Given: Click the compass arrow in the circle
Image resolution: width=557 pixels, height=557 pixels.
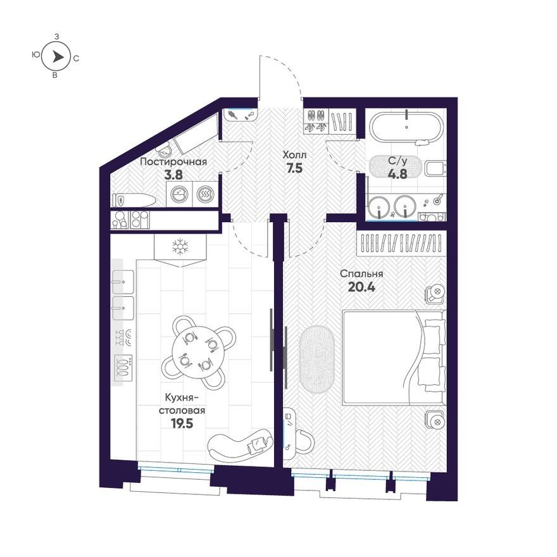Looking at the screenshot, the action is pyautogui.click(x=58, y=57).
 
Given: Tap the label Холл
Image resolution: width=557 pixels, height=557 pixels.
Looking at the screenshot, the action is pyautogui.click(x=294, y=155).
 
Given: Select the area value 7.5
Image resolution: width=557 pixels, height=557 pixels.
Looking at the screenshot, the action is pyautogui.click(x=294, y=168).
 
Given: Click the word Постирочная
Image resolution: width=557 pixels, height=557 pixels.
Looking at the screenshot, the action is pyautogui.click(x=173, y=162).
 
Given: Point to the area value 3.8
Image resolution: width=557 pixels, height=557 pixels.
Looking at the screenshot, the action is pyautogui.click(x=173, y=175).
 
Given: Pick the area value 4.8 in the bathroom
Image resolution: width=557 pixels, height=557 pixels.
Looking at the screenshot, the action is pyautogui.click(x=397, y=173).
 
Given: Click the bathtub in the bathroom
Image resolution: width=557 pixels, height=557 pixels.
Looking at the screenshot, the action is pyautogui.click(x=406, y=127).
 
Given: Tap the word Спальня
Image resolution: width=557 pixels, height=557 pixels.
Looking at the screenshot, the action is pyautogui.click(x=361, y=274).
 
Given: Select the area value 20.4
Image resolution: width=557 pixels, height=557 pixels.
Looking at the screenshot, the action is pyautogui.click(x=361, y=287).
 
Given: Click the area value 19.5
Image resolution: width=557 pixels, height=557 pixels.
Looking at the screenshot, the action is pyautogui.click(x=182, y=423).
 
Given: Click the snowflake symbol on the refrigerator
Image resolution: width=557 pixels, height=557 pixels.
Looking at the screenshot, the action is pyautogui.click(x=180, y=246).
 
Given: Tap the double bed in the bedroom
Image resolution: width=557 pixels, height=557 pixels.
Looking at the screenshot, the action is pyautogui.click(x=394, y=358).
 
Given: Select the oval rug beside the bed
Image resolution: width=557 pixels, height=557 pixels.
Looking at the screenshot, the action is pyautogui.click(x=317, y=360).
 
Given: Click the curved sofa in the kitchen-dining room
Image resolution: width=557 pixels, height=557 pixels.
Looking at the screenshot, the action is pyautogui.click(x=240, y=443).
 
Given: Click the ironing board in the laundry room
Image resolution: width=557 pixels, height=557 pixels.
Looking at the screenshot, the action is pyautogui.click(x=134, y=201).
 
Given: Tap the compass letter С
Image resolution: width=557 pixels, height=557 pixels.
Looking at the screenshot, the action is pyautogui.click(x=76, y=58).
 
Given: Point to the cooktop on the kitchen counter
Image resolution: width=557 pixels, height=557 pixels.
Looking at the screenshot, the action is pyautogui.click(x=123, y=368).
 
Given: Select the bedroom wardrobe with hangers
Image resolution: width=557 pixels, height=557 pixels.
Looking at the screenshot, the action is pyautogui.click(x=401, y=243).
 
